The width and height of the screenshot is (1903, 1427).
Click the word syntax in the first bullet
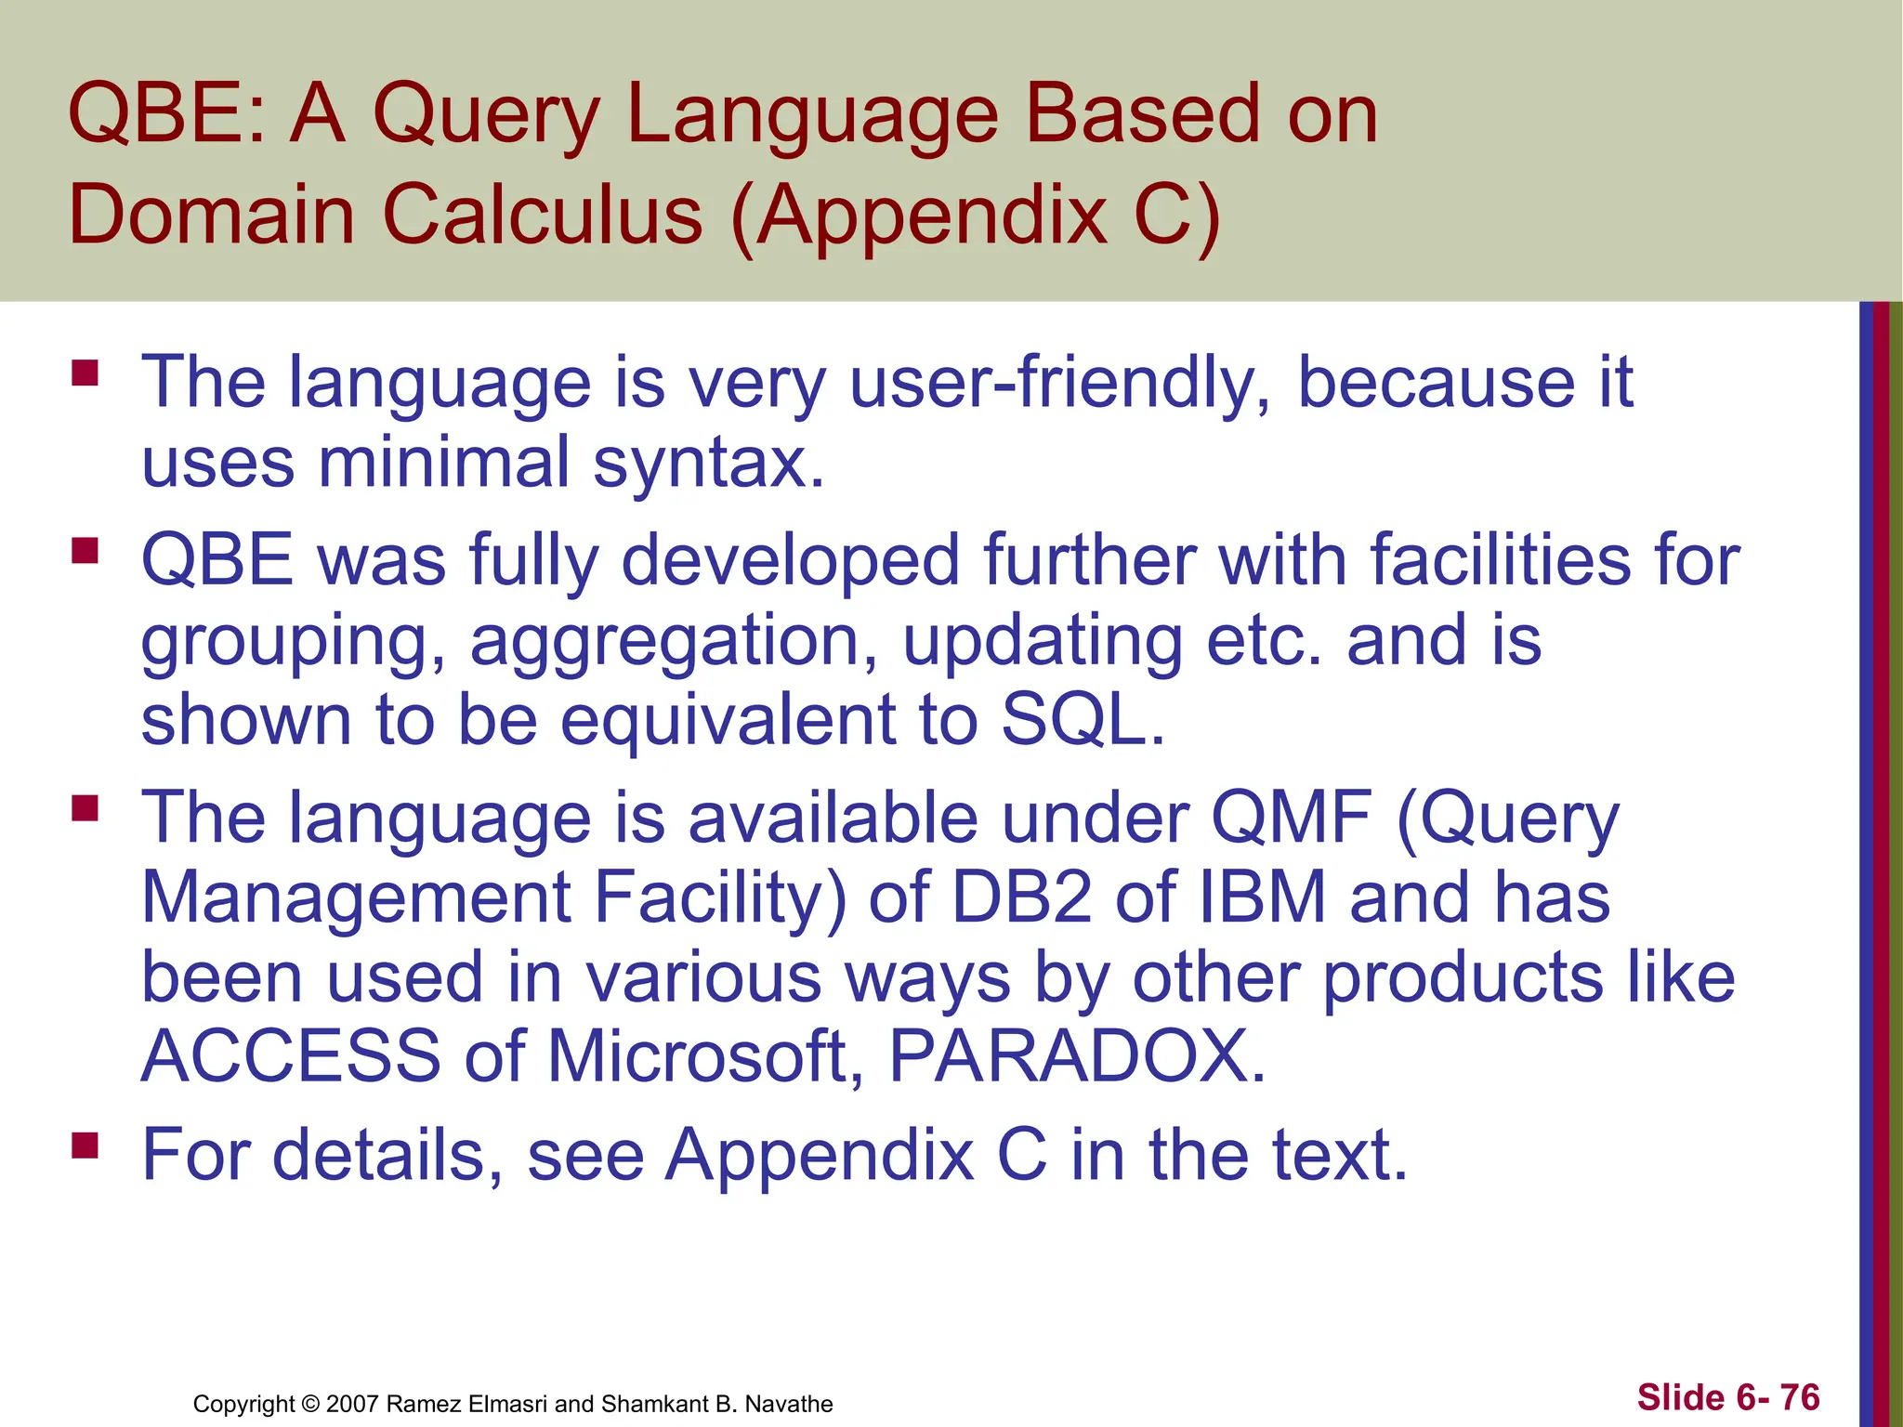[x=708, y=463]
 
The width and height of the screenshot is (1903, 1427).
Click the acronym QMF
[x=1291, y=818]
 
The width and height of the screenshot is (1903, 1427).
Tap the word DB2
[x=1022, y=897]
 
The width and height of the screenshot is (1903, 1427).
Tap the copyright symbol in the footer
[x=310, y=1404]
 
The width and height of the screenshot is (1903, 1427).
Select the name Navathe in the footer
[x=789, y=1404]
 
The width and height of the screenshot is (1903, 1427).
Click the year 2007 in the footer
[x=352, y=1404]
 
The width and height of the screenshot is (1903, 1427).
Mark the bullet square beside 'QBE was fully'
[x=85, y=551]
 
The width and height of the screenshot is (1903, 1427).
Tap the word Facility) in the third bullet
[x=720, y=897]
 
